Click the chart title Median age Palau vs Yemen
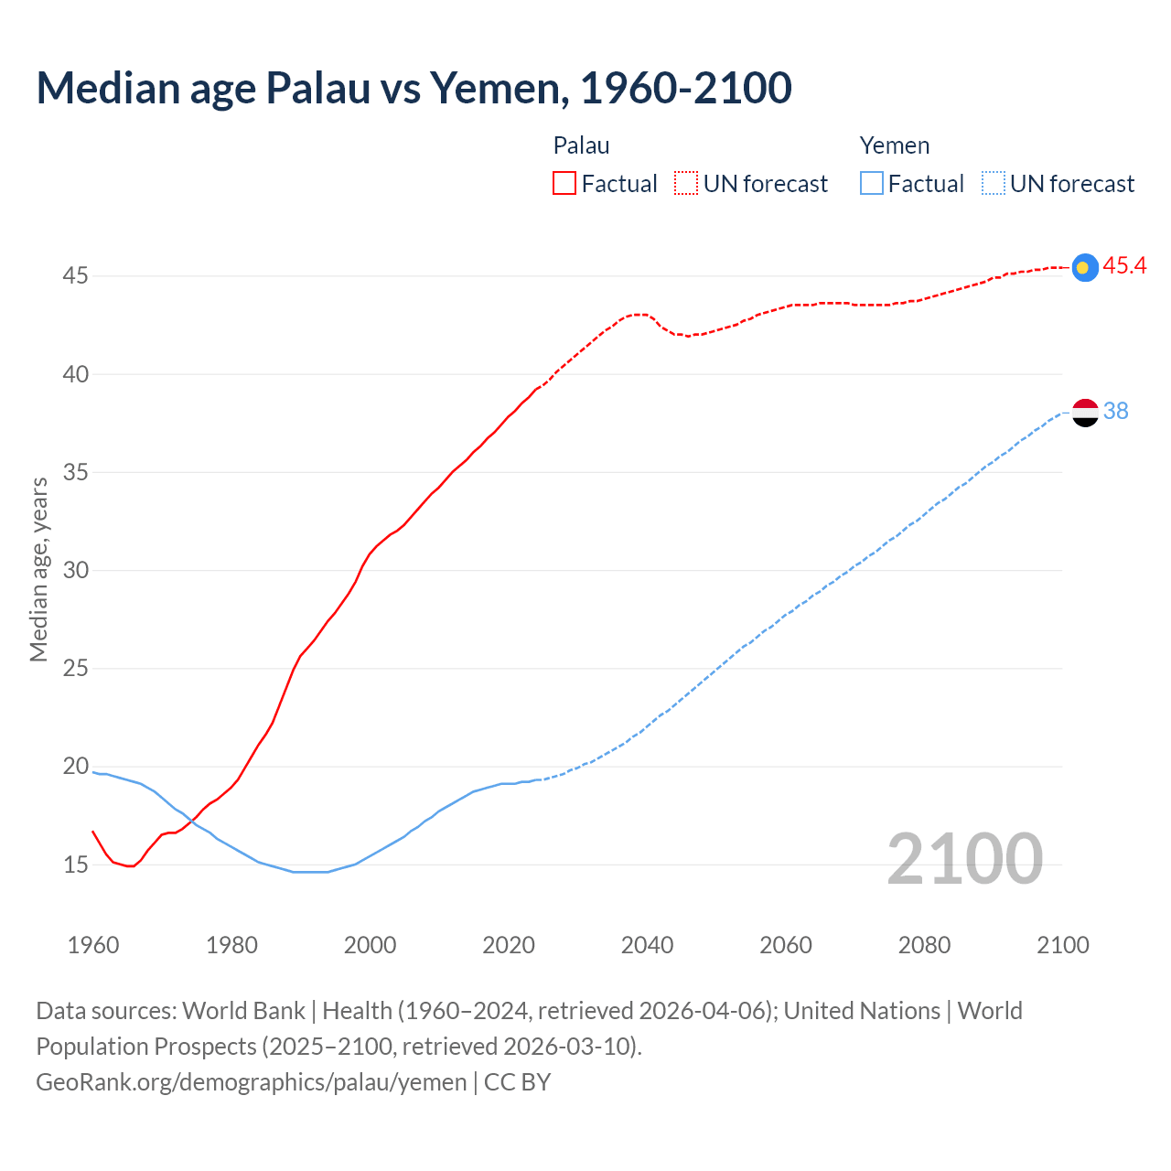click(x=414, y=88)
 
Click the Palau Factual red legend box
click(x=564, y=183)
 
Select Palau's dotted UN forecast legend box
click(x=686, y=183)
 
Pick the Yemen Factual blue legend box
click(x=872, y=183)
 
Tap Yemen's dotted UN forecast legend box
click(x=994, y=183)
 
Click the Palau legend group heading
click(x=581, y=145)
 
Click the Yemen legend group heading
click(x=894, y=145)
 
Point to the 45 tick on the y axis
click(x=76, y=275)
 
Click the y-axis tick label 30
click(x=76, y=570)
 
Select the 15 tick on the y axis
click(x=76, y=865)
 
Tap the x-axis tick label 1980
click(x=231, y=945)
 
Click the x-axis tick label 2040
click(x=647, y=945)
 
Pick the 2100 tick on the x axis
click(x=1062, y=945)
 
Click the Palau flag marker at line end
click(x=1084, y=267)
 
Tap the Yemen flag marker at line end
click(x=1084, y=413)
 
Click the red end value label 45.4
click(x=1124, y=265)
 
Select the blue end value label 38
click(x=1115, y=412)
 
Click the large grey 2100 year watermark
click(x=964, y=858)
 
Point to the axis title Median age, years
click(x=38, y=569)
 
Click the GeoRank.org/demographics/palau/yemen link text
click(x=252, y=1081)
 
